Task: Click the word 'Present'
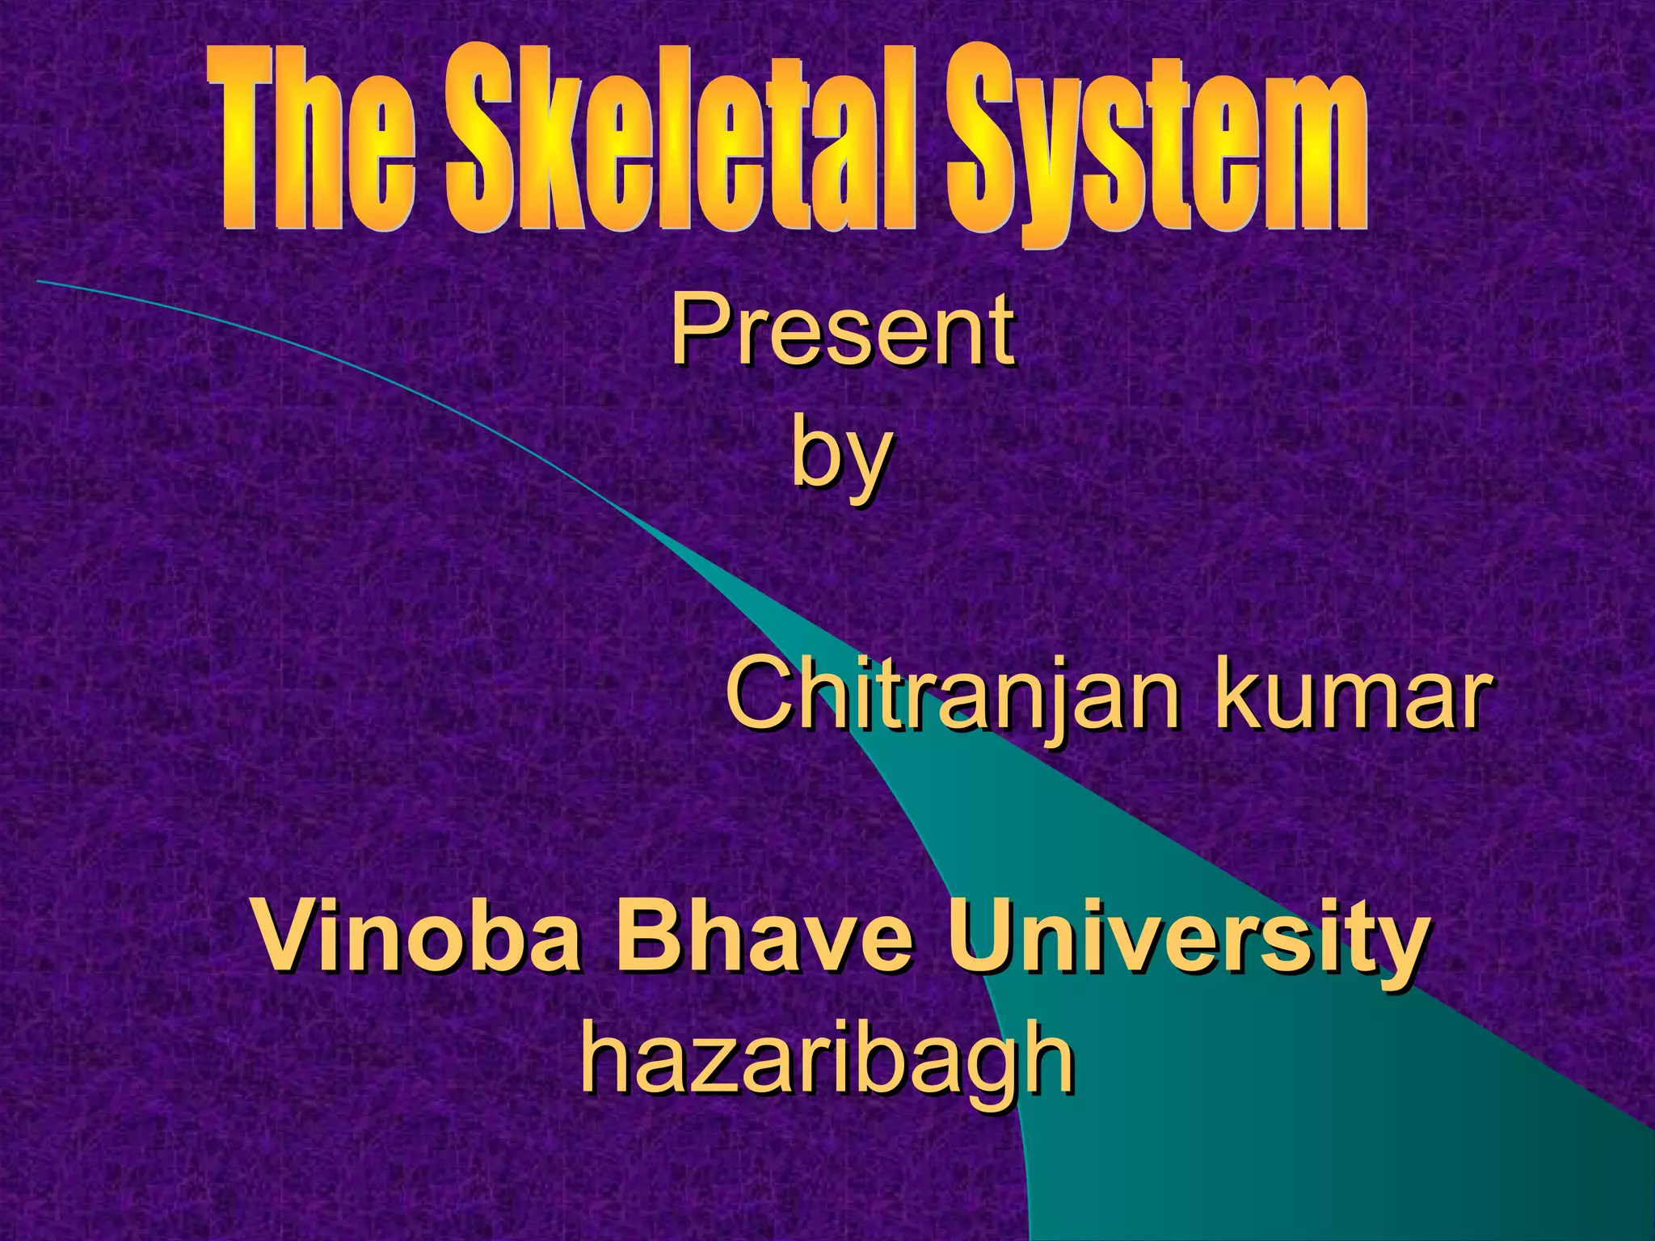click(x=842, y=331)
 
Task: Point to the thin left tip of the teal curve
click(x=40, y=281)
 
